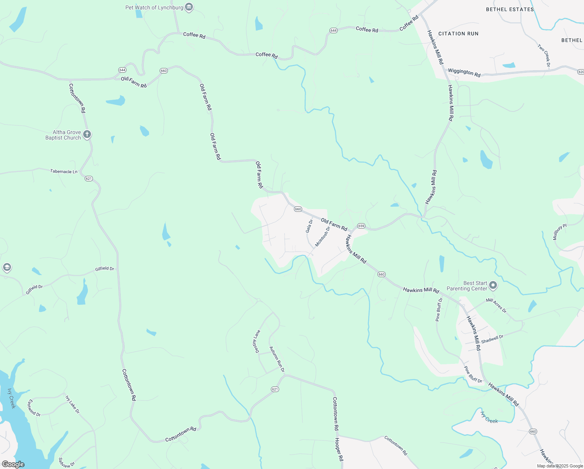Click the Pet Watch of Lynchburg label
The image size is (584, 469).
(x=154, y=7)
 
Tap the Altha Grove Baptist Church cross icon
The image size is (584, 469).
(x=87, y=135)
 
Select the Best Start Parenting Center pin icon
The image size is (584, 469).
(x=493, y=286)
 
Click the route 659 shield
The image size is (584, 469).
(x=361, y=226)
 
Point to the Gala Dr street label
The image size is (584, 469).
(x=309, y=226)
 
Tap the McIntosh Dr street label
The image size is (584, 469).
(x=322, y=236)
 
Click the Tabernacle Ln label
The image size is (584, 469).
(x=64, y=171)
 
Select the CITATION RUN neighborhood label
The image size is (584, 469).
(x=458, y=34)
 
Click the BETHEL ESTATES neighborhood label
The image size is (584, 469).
(x=510, y=9)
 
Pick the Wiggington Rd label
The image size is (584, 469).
(x=464, y=72)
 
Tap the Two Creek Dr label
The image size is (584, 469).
(x=544, y=55)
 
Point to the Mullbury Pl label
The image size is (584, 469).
(x=559, y=232)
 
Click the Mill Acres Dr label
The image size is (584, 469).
(x=496, y=305)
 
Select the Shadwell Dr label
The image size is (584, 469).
(x=492, y=339)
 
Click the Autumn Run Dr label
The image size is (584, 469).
(x=277, y=359)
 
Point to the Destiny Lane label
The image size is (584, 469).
(x=256, y=341)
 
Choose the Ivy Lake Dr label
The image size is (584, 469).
(x=72, y=404)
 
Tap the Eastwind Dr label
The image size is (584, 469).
(x=34, y=408)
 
